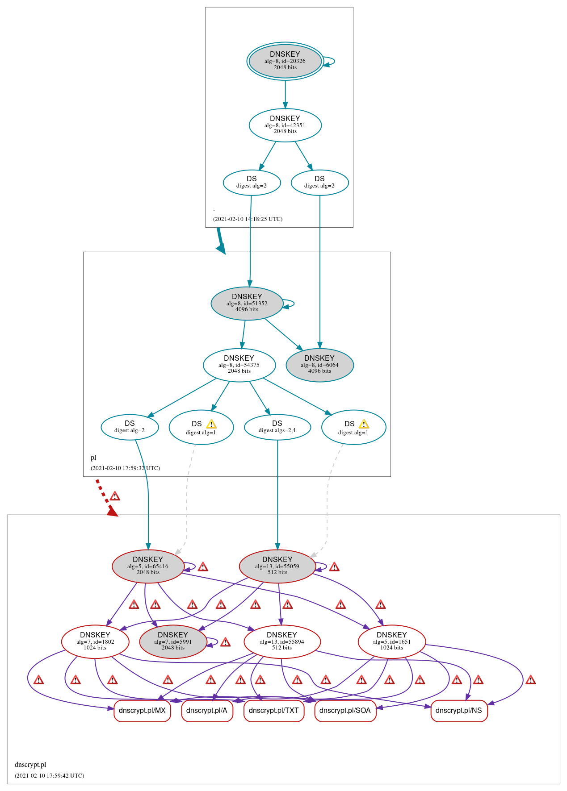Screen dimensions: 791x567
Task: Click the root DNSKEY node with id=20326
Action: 285,61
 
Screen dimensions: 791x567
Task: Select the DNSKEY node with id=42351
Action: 285,125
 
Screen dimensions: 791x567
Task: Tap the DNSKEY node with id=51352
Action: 247,303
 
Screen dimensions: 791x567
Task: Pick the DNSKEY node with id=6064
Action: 319,365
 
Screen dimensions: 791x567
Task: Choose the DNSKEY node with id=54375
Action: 239,365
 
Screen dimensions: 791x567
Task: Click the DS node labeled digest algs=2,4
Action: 277,427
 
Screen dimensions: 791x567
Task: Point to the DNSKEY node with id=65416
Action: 148,566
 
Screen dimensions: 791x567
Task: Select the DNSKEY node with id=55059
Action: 277,566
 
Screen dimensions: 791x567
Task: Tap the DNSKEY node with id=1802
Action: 95,641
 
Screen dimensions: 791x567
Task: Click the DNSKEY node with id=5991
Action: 173,641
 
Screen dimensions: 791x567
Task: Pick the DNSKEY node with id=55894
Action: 282,641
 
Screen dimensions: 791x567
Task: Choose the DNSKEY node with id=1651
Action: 392,641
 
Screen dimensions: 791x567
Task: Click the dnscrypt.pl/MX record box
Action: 142,710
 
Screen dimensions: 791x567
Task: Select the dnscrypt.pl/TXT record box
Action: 274,710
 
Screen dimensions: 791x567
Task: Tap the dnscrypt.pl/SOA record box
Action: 345,710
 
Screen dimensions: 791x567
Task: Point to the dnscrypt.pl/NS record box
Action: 459,710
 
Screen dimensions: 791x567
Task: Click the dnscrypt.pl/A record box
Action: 207,710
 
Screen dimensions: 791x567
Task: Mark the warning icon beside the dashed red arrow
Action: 115,496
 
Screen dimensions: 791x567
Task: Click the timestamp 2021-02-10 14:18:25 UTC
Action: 248,219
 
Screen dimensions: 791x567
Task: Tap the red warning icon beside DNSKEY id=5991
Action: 226,642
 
